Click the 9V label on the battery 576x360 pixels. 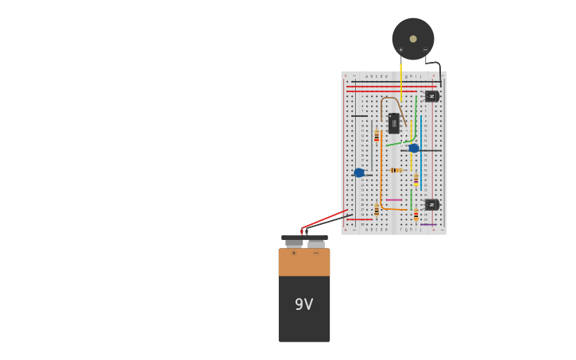[303, 304]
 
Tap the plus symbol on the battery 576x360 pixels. [294, 254]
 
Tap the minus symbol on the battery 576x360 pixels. [315, 254]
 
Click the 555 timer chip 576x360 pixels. [393, 123]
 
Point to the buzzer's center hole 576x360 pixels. [413, 38]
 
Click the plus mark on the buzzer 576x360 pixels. [401, 50]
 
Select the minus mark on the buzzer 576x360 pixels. [425, 50]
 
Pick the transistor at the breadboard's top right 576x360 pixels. [431, 96]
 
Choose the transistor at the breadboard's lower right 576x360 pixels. [431, 204]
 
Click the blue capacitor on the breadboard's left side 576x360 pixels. [359, 172]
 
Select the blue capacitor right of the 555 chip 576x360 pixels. [414, 148]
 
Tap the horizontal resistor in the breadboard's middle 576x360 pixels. [396, 170]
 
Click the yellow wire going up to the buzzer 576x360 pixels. [400, 79]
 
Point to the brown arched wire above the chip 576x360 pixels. [389, 99]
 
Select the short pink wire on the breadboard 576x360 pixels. [392, 199]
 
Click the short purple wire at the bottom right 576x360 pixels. [428, 224]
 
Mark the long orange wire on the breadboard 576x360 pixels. [381, 171]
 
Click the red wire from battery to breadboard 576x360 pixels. [324, 219]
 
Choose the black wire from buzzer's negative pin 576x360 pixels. [438, 69]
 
